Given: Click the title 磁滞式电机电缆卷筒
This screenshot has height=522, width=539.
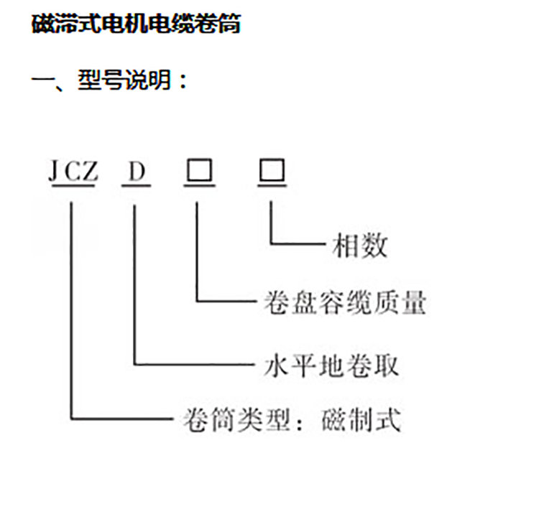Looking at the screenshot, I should [x=136, y=25].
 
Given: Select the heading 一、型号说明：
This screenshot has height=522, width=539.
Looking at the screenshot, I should [x=110, y=80].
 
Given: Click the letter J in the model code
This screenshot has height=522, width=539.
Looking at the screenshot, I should [x=54, y=172].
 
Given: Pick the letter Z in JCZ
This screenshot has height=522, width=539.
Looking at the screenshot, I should [x=88, y=172].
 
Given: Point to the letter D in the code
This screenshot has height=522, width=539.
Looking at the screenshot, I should [x=137, y=172].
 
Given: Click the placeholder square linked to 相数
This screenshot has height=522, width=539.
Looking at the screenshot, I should [x=272, y=171].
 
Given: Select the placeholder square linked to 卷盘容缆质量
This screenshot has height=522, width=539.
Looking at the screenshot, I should [x=198, y=171].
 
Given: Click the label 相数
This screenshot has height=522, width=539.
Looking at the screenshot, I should [x=359, y=246].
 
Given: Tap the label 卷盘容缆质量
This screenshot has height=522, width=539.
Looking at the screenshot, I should [x=341, y=303].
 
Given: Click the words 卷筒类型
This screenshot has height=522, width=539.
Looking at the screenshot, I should [x=229, y=419].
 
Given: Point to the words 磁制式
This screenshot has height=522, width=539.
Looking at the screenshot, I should [x=359, y=419].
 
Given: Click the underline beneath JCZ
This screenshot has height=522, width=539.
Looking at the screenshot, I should [x=72, y=186].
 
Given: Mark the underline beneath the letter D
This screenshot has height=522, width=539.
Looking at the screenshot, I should [x=137, y=186].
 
